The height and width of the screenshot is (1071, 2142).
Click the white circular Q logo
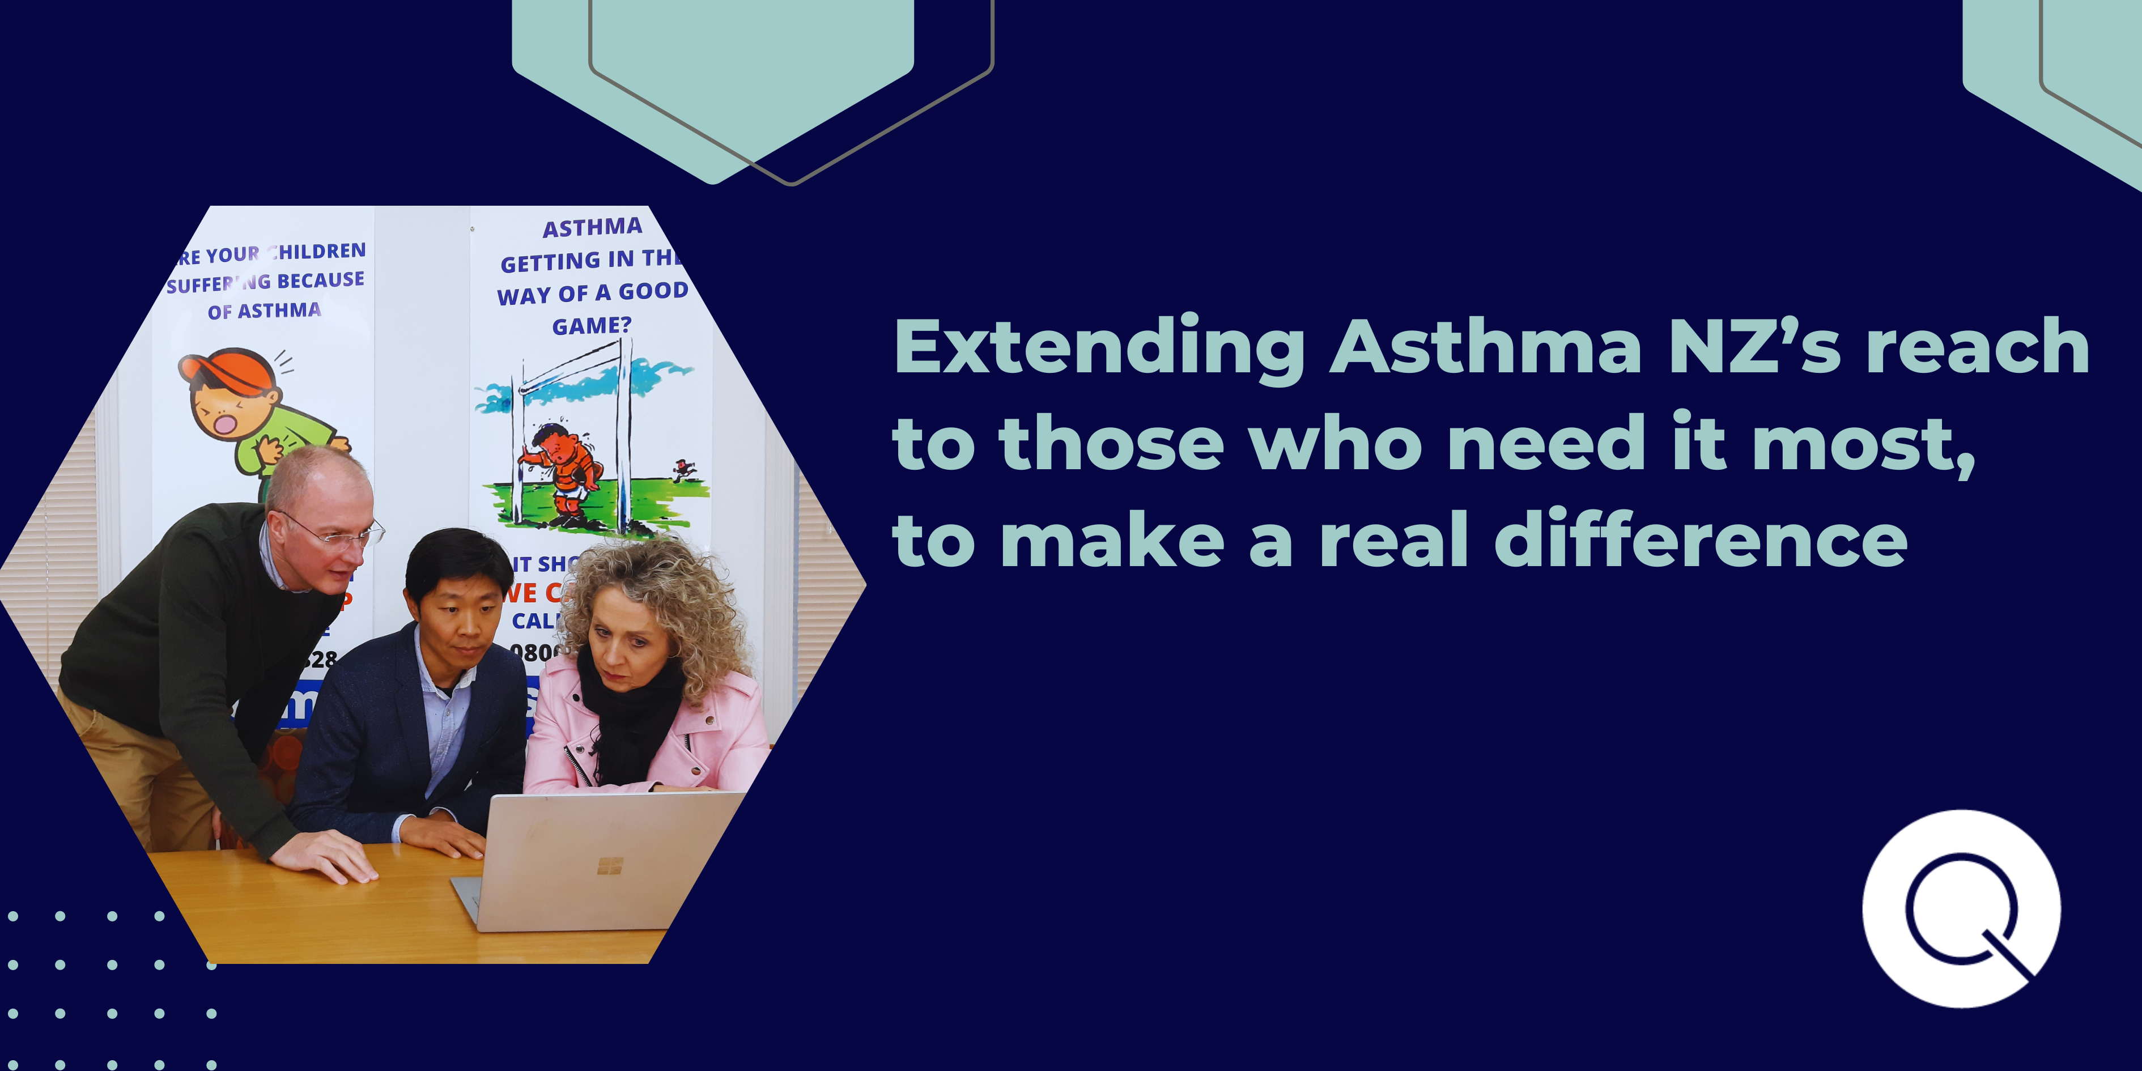point(1961,908)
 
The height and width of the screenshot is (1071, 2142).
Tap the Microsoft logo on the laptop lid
point(610,866)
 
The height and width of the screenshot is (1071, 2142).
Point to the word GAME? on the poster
point(591,326)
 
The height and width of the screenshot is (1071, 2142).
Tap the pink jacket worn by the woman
point(724,732)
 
